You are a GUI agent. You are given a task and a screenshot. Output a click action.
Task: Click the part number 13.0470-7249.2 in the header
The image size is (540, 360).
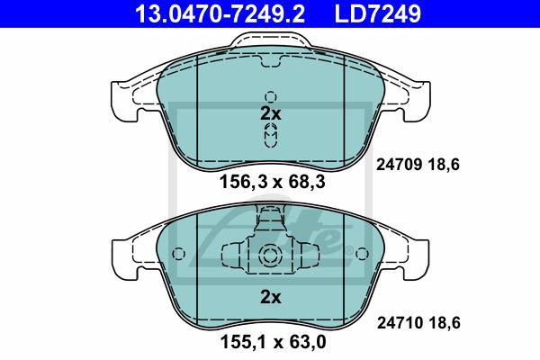click(x=220, y=13)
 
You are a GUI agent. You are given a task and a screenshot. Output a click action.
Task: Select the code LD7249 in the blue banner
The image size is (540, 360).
click(x=378, y=13)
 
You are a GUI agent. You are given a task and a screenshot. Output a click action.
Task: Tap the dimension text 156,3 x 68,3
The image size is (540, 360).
click(x=272, y=182)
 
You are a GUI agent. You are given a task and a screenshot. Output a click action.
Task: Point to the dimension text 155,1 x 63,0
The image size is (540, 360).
click(x=273, y=342)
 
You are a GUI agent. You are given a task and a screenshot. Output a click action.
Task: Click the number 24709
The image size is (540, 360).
click(x=399, y=165)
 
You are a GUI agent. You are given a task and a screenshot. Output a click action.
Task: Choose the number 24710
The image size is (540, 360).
click(x=400, y=323)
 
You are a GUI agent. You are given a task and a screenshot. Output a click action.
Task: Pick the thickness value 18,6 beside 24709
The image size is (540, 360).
click(x=445, y=165)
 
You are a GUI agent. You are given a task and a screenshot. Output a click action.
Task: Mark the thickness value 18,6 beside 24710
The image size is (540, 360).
click(x=445, y=323)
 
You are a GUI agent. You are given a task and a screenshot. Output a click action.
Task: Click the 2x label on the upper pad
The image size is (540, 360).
click(x=271, y=113)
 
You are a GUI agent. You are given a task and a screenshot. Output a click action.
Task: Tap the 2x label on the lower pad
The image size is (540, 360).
click(x=271, y=297)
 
